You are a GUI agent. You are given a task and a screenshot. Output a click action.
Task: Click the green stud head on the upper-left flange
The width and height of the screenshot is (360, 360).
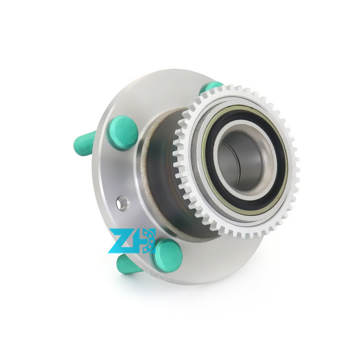coord(123,131)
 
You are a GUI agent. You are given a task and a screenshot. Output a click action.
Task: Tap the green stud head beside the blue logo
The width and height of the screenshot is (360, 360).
coord(167,256)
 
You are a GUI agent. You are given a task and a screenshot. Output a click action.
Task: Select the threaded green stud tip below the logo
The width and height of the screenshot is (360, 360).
coord(128,265)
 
